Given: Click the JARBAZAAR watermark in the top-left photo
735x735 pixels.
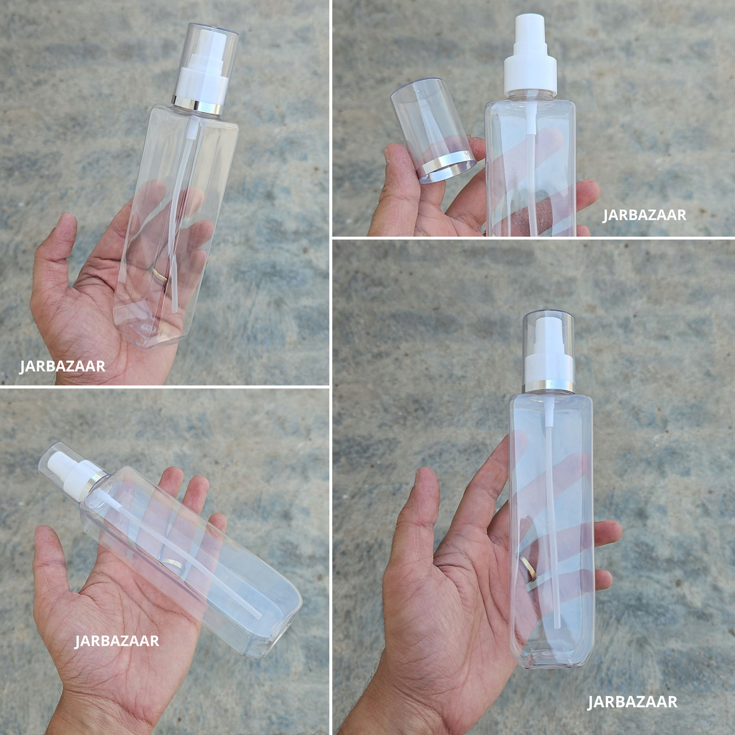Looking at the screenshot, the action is (x=62, y=366).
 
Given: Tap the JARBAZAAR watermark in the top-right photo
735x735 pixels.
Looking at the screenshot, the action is (x=644, y=215).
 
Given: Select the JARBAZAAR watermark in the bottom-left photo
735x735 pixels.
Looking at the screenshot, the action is (x=117, y=641).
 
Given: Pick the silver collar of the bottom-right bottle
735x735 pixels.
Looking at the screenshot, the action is (x=548, y=386).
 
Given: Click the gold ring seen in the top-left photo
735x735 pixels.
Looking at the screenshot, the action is (x=160, y=274).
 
